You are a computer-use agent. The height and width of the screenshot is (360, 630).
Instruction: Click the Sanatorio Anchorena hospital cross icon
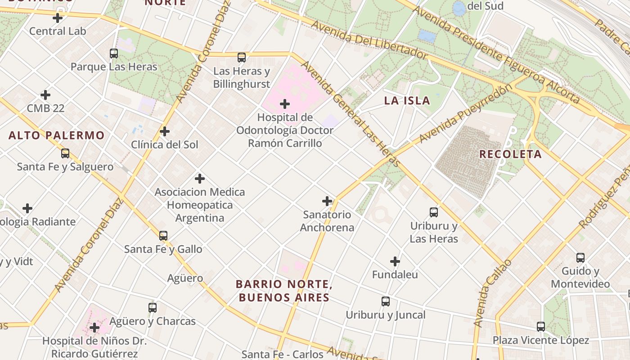tap(327, 201)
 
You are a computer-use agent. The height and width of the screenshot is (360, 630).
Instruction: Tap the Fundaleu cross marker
tap(395, 261)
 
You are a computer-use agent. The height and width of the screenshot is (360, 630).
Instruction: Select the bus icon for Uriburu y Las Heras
tap(434, 212)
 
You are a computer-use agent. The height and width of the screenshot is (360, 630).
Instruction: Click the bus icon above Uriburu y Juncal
tap(386, 301)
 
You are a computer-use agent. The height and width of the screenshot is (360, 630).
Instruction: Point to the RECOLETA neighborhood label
tap(510, 154)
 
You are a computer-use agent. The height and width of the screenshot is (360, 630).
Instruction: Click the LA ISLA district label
tap(407, 100)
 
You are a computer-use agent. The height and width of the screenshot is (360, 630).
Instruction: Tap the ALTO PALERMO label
tap(56, 135)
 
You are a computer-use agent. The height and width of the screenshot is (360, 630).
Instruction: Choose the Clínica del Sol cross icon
tap(165, 131)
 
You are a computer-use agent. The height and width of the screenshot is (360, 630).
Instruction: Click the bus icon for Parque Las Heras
tap(114, 54)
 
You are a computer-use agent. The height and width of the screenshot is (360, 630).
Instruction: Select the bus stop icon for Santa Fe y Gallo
tap(163, 235)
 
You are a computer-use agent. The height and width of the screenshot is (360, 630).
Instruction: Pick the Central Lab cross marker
tap(58, 18)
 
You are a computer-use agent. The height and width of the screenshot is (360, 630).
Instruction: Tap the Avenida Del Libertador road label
tap(368, 40)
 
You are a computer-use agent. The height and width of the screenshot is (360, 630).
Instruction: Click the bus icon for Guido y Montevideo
tap(580, 258)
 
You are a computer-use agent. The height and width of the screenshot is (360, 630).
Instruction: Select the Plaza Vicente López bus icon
tap(541, 326)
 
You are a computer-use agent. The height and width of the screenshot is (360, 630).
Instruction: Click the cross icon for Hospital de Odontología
tap(285, 104)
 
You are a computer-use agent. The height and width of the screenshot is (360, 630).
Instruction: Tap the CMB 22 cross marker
tap(45, 95)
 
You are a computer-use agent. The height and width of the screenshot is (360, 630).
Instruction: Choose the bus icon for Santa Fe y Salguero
tap(65, 153)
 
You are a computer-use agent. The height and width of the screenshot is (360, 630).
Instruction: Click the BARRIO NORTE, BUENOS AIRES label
tap(284, 291)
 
